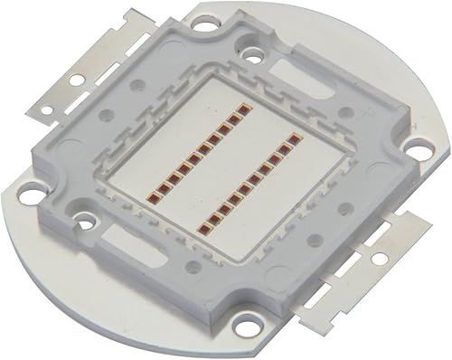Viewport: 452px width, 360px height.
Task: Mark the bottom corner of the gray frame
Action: pyautogui.click(x=234, y=312)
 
